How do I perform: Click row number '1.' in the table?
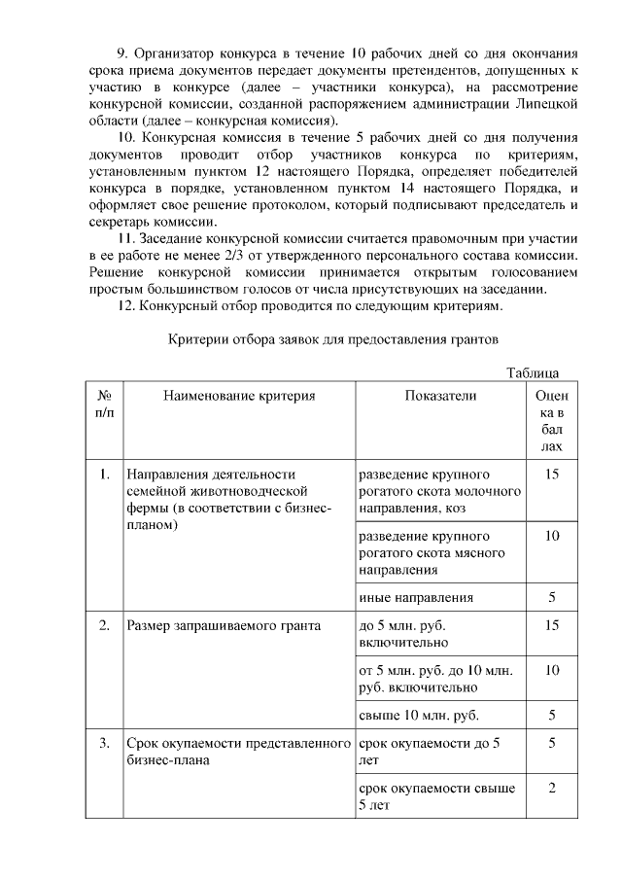(104, 475)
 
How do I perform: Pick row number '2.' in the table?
(104, 625)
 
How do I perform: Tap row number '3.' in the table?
(104, 744)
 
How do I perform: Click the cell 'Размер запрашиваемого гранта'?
(224, 625)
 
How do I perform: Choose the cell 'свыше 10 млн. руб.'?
(419, 716)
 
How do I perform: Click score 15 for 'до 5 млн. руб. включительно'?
(551, 625)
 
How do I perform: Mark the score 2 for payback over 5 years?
(551, 788)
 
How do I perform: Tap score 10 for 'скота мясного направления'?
(551, 537)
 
